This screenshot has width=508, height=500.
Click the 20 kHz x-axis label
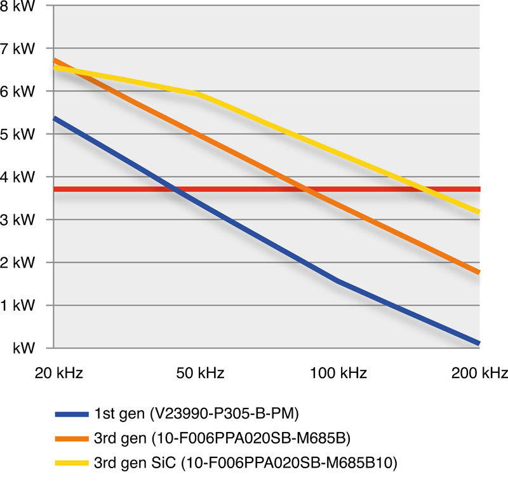[x=53, y=373]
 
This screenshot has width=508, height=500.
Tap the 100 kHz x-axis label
[x=338, y=373]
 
